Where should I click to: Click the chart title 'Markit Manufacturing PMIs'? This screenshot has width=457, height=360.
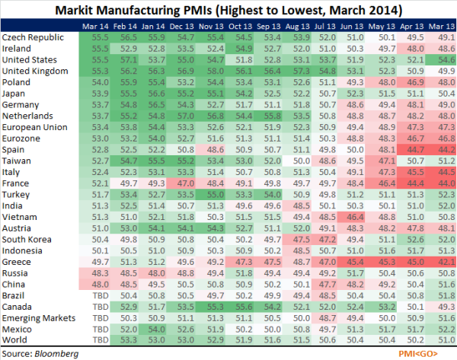pos(228,11)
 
